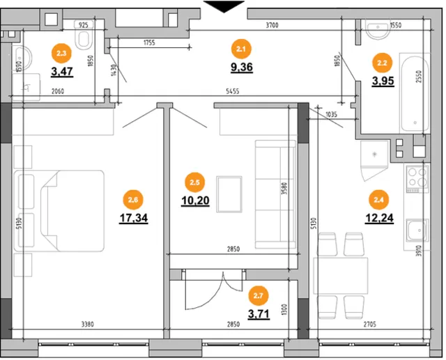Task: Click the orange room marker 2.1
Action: click(241, 49)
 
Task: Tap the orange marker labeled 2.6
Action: click(133, 200)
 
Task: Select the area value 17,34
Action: click(134, 218)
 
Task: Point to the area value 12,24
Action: click(379, 218)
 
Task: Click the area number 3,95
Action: click(383, 81)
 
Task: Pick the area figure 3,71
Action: click(259, 314)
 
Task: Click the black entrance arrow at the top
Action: click(224, 6)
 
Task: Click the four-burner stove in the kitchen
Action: click(417, 178)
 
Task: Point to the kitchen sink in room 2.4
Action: click(417, 230)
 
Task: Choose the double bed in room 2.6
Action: click(59, 211)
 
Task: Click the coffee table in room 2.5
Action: click(229, 194)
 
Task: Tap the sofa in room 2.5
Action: click(275, 194)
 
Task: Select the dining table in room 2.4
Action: click(341, 276)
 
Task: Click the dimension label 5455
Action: click(232, 91)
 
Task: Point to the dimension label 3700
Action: click(272, 25)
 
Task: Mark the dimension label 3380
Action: click(87, 324)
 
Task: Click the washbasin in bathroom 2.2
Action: click(378, 29)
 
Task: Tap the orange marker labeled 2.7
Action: click(258, 296)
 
